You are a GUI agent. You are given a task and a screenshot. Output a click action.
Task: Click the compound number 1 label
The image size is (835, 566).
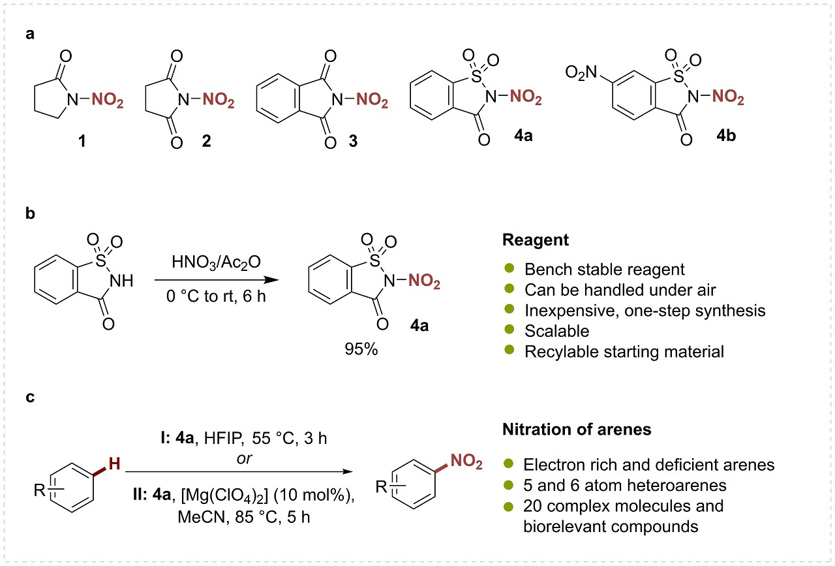[82, 141]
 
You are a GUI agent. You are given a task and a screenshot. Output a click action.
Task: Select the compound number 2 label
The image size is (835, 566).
[207, 140]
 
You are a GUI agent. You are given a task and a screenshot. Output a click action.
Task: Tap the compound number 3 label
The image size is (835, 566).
[353, 141]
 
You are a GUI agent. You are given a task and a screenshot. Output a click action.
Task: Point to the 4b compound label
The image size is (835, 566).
[726, 135]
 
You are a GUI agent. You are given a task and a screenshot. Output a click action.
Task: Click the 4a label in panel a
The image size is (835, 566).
[523, 135]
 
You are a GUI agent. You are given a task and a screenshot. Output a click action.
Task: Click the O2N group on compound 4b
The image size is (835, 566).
[581, 72]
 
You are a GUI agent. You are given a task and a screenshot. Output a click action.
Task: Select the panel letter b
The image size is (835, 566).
[30, 213]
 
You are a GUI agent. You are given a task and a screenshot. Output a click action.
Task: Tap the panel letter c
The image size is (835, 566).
[30, 397]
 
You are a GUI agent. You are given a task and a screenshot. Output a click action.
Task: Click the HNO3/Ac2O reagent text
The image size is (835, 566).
[216, 262]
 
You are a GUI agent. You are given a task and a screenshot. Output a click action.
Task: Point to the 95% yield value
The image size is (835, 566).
[361, 349]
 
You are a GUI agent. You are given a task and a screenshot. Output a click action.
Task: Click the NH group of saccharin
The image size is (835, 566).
[121, 281]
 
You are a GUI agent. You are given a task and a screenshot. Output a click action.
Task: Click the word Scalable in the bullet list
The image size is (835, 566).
[557, 331]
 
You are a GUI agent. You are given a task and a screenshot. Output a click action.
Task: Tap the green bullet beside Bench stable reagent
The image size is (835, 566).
[509, 268]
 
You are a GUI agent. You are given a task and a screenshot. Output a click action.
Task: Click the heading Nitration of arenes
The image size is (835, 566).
[577, 430]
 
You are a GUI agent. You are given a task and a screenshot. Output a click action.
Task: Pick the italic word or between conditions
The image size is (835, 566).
[244, 458]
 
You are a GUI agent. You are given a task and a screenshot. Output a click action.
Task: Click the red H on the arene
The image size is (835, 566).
[114, 464]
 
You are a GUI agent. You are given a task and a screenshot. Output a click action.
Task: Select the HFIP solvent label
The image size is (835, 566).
[223, 438]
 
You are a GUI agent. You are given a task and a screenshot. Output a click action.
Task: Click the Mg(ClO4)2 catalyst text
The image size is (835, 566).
[225, 495]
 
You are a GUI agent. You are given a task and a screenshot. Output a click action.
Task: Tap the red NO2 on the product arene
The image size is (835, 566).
[466, 461]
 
